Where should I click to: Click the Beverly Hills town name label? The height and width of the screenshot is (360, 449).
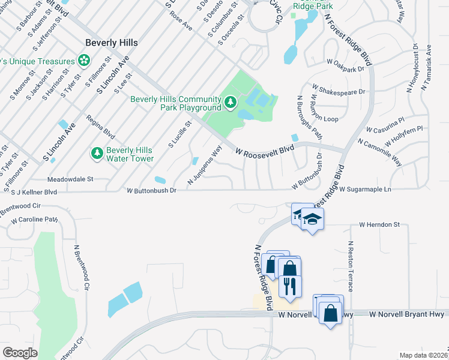tap(112, 43)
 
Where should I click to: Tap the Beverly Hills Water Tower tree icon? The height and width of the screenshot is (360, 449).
tap(97, 154)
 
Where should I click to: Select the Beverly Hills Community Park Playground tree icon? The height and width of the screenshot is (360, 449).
tap(231, 104)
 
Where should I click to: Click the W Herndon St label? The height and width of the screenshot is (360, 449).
tap(379, 224)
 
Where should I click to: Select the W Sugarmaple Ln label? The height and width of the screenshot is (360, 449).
tap(365, 189)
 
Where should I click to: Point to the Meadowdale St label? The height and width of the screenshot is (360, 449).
tap(70, 179)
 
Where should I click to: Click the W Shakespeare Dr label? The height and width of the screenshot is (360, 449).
tap(338, 92)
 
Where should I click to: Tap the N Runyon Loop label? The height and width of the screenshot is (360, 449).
tap(325, 108)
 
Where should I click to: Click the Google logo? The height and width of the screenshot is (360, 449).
tap(20, 352)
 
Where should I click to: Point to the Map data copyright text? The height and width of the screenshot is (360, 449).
tap(423, 355)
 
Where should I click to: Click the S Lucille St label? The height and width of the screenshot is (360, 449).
tap(179, 134)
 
